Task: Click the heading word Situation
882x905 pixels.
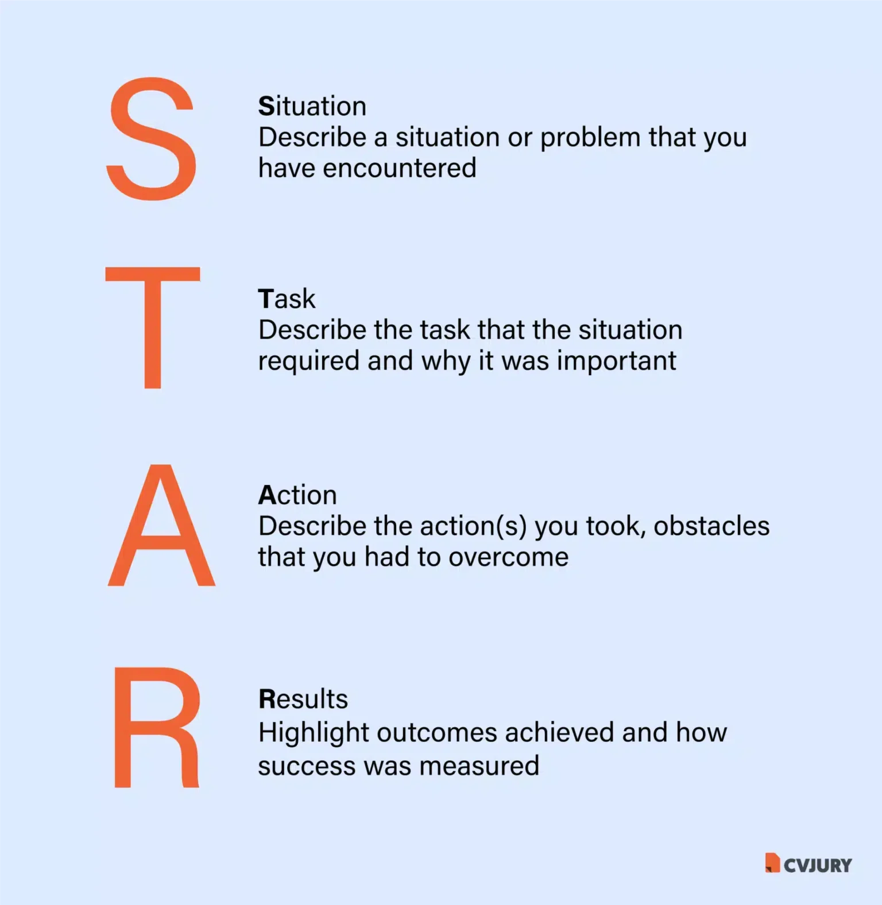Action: [312, 106]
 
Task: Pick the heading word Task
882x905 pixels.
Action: [287, 299]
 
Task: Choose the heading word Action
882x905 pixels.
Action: [297, 495]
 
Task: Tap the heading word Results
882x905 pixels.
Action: [303, 699]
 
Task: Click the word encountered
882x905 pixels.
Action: [400, 168]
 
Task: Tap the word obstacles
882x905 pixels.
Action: [711, 526]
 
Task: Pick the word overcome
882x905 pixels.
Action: [508, 557]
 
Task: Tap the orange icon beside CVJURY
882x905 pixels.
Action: [772, 863]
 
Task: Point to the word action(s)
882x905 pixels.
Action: [473, 526]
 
